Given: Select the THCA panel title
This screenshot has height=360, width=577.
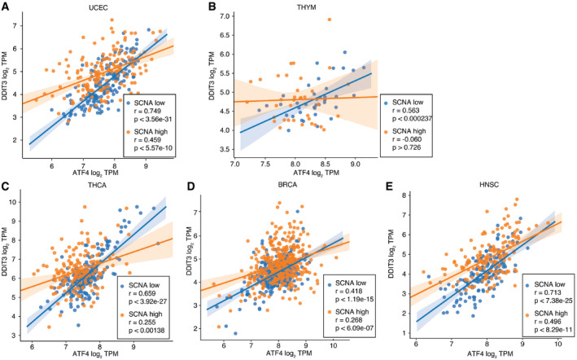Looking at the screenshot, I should tap(103, 186).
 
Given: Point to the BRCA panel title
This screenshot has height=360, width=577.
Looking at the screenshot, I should tap(295, 186).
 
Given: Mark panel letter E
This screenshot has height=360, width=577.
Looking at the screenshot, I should tap(390, 186).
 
